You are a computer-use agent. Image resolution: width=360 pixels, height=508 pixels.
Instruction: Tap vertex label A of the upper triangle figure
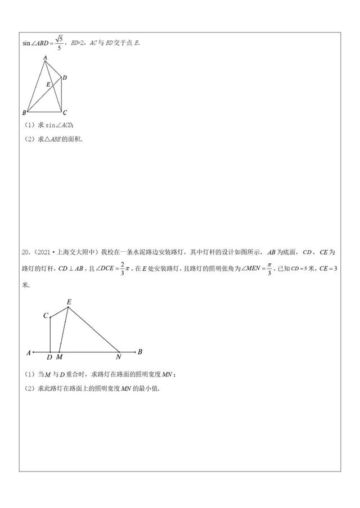point(44,57)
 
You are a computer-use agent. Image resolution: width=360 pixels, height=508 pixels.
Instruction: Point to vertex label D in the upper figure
point(66,78)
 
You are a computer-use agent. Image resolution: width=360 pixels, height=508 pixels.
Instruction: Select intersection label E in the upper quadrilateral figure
point(48,85)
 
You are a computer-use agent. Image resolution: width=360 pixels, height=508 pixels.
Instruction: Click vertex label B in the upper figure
point(24,112)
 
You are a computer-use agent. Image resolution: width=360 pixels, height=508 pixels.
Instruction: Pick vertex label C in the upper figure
point(65,112)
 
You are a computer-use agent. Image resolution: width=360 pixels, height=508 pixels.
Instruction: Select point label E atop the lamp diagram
point(69,302)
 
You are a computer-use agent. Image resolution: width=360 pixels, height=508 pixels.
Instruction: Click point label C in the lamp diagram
point(46,316)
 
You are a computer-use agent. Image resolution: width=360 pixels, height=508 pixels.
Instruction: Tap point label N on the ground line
point(118,357)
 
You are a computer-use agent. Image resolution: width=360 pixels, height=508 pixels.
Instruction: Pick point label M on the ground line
point(60,357)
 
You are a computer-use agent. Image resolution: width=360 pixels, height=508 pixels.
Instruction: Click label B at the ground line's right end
point(140,352)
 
